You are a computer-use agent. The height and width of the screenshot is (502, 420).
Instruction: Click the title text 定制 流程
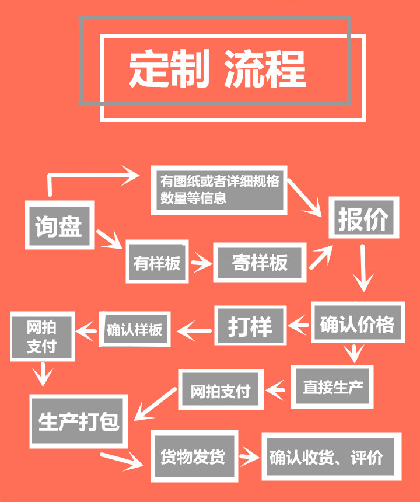217,69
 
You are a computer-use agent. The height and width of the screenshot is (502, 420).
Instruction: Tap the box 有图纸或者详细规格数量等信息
219,189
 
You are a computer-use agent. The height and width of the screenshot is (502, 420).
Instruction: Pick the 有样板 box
157,263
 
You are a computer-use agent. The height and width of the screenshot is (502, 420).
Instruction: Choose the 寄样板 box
260,263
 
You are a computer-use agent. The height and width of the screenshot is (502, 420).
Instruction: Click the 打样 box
250,326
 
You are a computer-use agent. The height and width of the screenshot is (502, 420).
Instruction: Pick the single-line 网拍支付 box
220,391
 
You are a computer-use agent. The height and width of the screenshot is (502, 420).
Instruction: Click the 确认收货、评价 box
330,456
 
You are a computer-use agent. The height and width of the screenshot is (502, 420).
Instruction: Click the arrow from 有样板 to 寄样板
201,263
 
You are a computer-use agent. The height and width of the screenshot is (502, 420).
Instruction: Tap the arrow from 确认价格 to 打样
299,323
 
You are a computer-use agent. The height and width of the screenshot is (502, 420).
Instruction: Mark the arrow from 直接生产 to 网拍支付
277,386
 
